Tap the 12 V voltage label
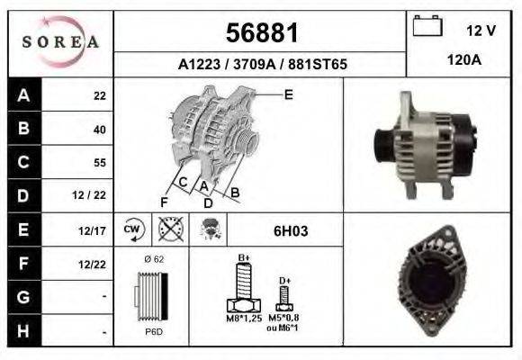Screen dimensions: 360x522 [x=481, y=31]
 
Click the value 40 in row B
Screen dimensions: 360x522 [x=99, y=130]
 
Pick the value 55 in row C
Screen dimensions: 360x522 [x=99, y=163]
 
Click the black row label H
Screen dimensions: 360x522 [x=22, y=331]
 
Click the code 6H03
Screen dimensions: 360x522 [x=290, y=231]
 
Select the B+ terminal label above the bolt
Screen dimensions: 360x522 [x=243, y=259]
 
